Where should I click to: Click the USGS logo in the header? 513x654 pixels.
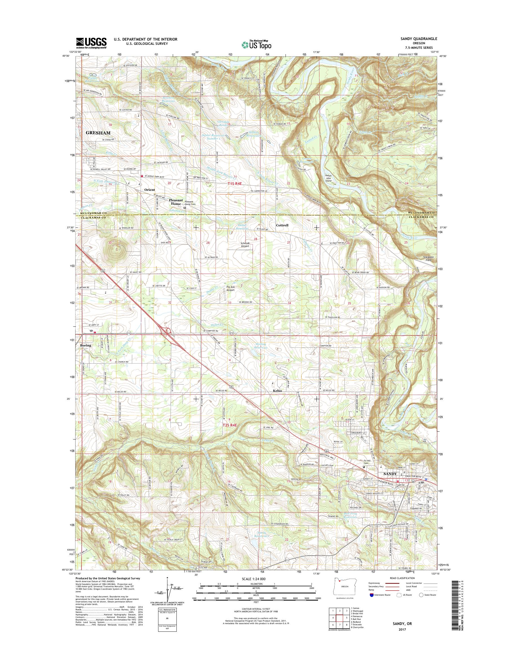click(x=91, y=43)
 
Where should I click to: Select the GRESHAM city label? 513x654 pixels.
click(x=98, y=132)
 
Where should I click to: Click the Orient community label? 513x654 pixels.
click(x=150, y=190)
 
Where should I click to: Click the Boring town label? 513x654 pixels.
click(x=85, y=346)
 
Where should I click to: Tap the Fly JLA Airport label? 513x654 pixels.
click(x=230, y=289)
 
